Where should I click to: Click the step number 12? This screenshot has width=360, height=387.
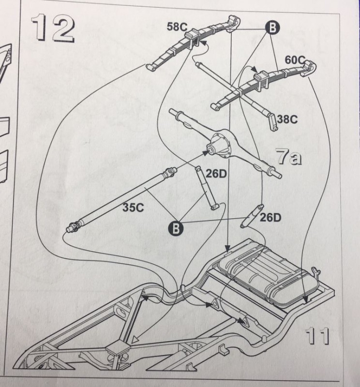coord(53,28)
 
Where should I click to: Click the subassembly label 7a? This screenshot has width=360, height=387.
coord(289,158)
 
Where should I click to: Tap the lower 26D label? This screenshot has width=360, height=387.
coord(270,217)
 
